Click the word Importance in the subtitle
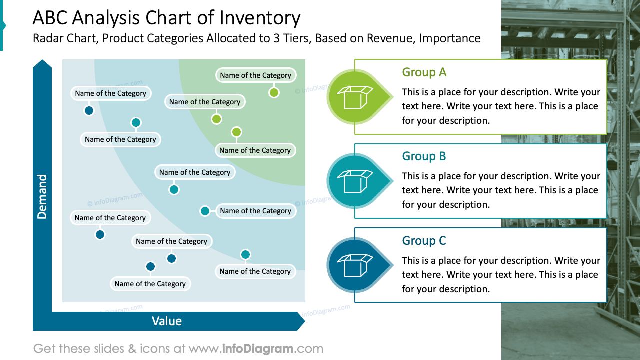(450, 38)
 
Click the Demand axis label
(42, 196)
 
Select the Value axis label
(167, 321)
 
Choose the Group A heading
(424, 72)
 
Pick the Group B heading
(424, 156)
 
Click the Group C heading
(424, 241)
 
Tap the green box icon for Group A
(355, 97)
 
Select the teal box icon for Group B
(355, 181)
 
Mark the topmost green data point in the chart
(274, 92)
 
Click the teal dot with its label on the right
(205, 211)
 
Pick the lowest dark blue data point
(150, 267)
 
